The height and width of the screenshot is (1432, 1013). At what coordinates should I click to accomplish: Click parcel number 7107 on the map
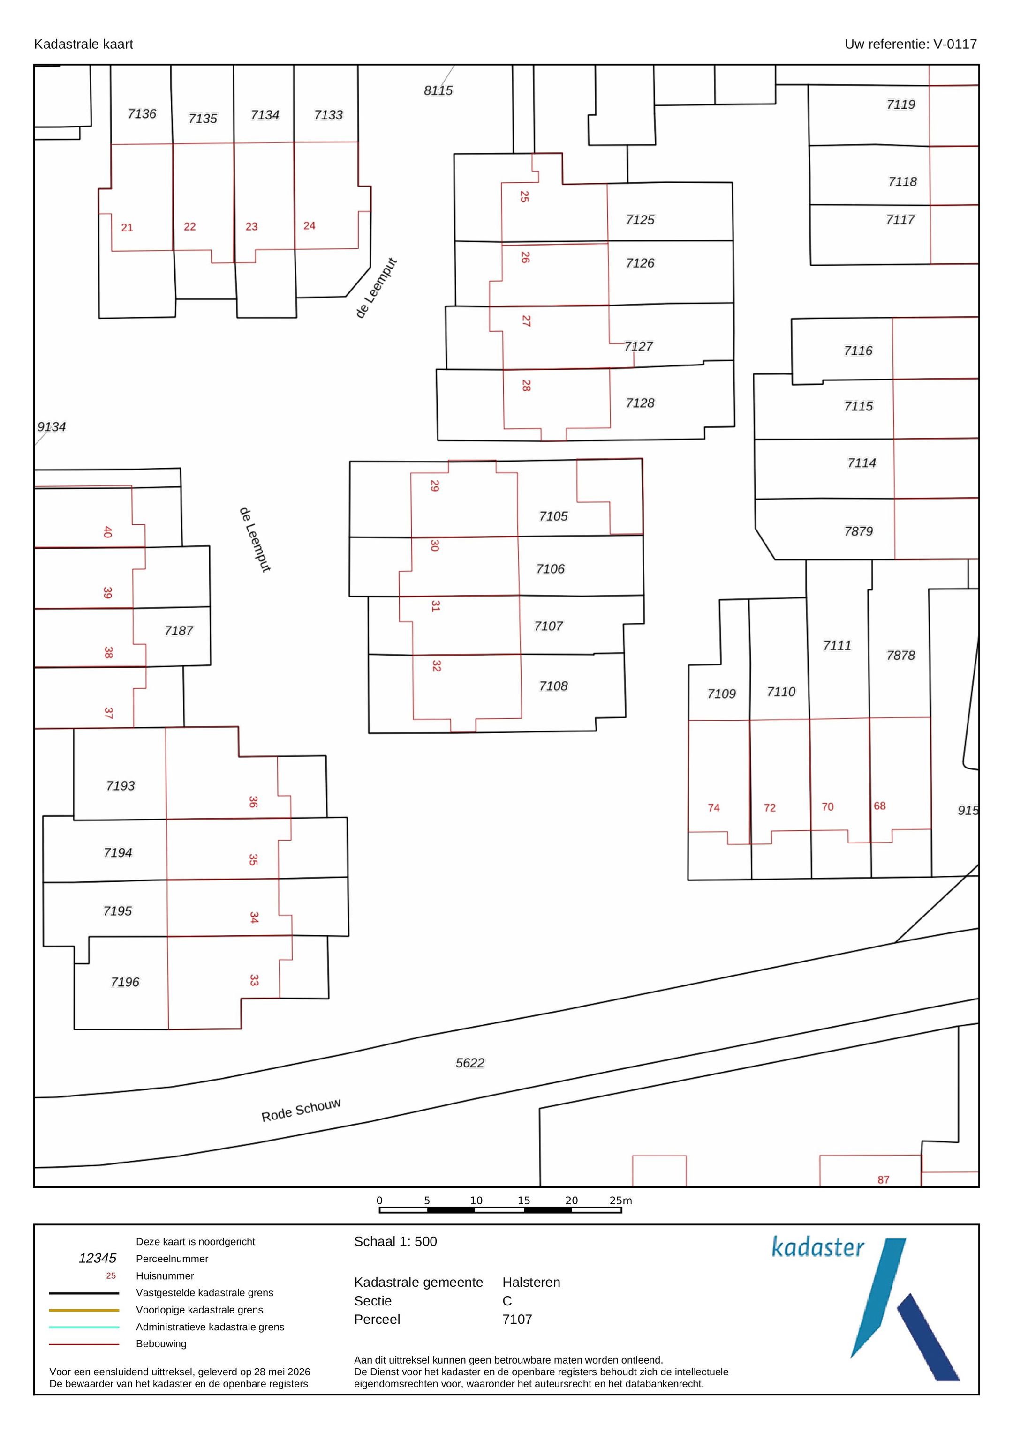pos(549,626)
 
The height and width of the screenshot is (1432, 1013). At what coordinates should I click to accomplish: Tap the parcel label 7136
pos(142,113)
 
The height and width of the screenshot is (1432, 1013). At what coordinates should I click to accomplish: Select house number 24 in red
pos(310,226)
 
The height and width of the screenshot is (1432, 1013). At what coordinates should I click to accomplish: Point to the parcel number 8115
pos(438,90)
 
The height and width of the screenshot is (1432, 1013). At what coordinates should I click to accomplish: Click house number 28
pos(526,386)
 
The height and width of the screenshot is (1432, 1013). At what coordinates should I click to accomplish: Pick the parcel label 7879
pos(858,531)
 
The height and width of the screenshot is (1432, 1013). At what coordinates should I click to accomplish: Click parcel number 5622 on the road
pos(470,1063)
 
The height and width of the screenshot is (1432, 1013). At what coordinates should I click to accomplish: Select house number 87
pos(883,1179)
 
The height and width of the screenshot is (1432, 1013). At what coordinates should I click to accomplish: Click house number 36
pos(253,801)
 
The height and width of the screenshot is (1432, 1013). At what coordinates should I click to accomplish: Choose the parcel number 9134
pos(51,426)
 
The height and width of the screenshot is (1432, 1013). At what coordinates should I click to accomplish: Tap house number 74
pos(713,808)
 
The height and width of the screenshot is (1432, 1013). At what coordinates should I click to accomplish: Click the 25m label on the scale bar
pos(621,1200)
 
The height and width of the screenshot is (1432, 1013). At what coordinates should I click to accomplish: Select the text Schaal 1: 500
pos(396,1241)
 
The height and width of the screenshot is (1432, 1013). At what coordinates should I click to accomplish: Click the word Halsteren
pos(531,1283)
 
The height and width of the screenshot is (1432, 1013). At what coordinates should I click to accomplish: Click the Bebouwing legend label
pos(161,1343)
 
